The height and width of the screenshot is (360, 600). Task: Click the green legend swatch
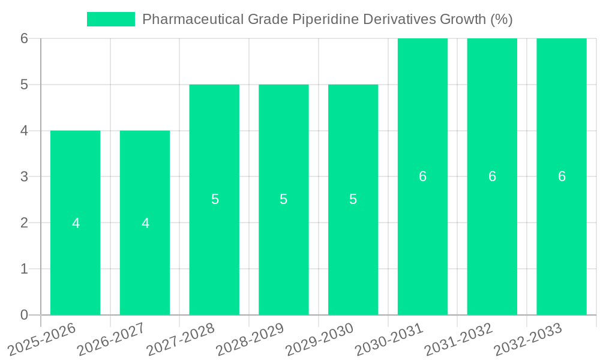click(x=111, y=19)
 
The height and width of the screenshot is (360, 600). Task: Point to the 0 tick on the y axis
click(x=24, y=315)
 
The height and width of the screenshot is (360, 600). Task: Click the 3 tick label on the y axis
click(x=24, y=176)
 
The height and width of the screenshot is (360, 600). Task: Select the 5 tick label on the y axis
click(x=24, y=85)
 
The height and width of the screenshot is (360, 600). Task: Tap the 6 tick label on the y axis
click(x=24, y=38)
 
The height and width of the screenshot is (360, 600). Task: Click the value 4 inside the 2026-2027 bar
click(x=145, y=223)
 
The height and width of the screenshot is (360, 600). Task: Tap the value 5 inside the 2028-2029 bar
click(x=284, y=200)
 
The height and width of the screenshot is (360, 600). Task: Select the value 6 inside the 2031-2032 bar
click(x=492, y=176)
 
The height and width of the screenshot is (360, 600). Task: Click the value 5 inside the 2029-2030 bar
click(x=353, y=200)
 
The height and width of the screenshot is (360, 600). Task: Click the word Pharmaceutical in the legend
click(x=192, y=19)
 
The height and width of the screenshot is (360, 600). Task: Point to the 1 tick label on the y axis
click(x=24, y=269)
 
